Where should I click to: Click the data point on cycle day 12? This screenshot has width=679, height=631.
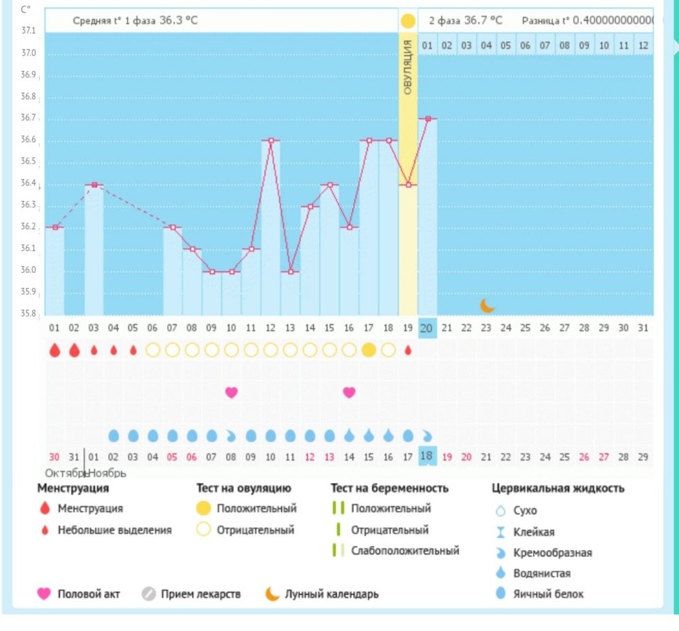coord(271,141)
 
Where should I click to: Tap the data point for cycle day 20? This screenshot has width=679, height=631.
coord(427,119)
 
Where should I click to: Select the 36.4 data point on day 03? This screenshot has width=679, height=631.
coord(94,185)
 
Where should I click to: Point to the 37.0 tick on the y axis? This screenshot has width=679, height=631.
coord(29,53)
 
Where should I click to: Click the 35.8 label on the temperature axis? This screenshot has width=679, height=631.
coord(29,314)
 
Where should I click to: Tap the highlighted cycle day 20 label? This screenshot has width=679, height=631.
coord(426,328)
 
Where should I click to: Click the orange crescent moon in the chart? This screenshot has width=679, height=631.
coord(486,306)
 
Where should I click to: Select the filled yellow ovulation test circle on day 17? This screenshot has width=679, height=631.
coord(369,350)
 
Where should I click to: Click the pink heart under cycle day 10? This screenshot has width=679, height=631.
coord(232,392)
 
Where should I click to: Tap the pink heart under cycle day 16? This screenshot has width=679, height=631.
coord(349,392)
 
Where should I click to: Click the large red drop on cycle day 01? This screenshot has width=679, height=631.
coord(55,350)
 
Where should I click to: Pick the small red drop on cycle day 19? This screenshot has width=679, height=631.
coord(407,350)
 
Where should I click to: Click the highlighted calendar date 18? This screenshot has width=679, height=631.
coord(426,456)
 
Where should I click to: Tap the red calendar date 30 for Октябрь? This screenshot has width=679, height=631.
coord(54,457)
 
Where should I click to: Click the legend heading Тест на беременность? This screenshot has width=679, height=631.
coord(389,488)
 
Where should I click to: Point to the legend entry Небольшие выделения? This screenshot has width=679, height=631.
coord(114,530)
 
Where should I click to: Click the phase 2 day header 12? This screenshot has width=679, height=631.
coord(643,46)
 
